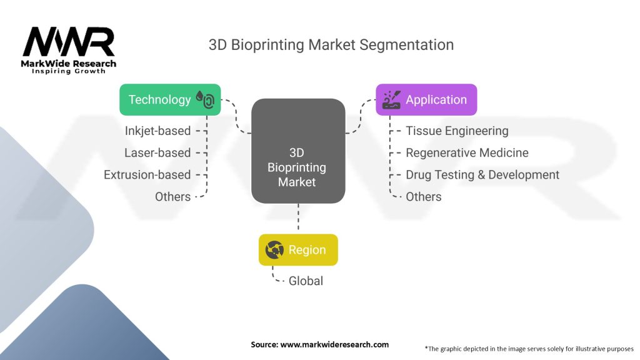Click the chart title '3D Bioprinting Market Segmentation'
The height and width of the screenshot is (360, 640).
(x=331, y=45)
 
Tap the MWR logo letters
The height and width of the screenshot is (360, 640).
(x=69, y=42)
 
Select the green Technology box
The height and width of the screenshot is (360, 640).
(x=170, y=99)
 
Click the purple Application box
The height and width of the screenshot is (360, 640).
(x=426, y=99)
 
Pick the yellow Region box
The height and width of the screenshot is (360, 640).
(x=298, y=250)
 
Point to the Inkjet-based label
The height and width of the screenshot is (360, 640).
(x=157, y=131)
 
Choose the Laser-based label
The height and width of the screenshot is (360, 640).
(x=157, y=152)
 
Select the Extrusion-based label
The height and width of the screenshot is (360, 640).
(x=147, y=174)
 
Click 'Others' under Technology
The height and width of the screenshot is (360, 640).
(x=172, y=196)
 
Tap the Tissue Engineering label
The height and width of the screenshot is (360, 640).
(x=457, y=131)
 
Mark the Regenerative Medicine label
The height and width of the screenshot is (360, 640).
(x=467, y=152)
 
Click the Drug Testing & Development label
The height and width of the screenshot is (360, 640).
(x=482, y=174)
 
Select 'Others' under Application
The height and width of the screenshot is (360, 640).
(x=424, y=196)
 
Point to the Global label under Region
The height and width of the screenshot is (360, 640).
(x=306, y=281)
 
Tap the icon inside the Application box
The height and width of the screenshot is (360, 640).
(x=391, y=99)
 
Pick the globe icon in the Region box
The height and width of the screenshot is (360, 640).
(x=275, y=250)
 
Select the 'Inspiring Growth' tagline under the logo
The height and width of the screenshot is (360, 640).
(x=69, y=71)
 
